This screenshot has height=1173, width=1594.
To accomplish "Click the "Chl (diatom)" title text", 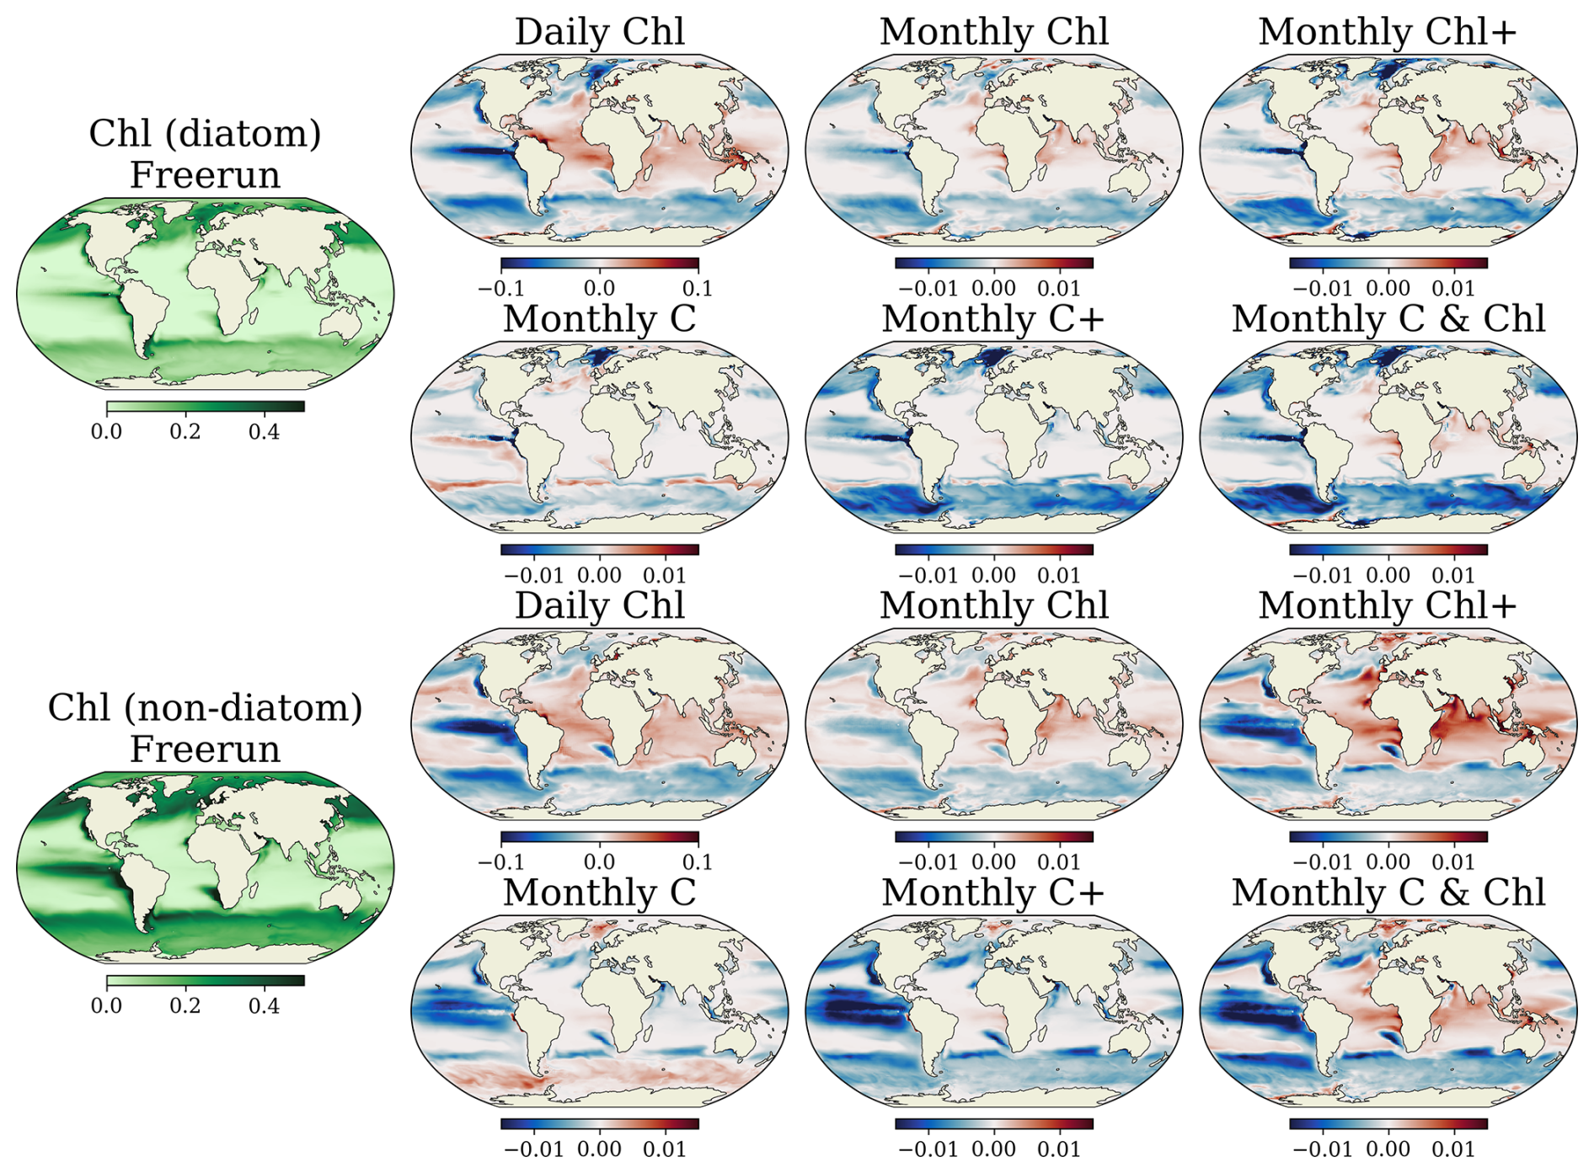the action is [x=205, y=134].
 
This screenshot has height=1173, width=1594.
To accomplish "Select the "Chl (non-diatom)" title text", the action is [x=205, y=708].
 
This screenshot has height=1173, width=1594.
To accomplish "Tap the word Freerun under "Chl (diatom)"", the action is [x=205, y=175].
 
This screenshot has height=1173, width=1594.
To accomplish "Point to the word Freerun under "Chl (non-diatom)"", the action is [x=205, y=749].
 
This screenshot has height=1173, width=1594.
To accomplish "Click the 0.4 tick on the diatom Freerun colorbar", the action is [x=264, y=432].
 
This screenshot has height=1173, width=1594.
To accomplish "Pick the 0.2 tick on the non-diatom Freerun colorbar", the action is [x=185, y=1006].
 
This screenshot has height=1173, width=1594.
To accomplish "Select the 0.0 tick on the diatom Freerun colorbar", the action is [x=106, y=432].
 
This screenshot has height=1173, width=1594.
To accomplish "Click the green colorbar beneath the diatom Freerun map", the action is [x=206, y=407].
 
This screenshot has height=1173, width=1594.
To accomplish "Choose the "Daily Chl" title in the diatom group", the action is [x=600, y=32].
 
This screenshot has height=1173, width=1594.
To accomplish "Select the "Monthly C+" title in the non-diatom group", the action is [x=993, y=893].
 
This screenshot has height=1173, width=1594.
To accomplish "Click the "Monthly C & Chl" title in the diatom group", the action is [x=1388, y=319].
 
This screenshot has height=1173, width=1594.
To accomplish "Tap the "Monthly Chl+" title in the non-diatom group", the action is [x=1388, y=605].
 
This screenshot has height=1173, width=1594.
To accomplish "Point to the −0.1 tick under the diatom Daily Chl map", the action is [x=500, y=289].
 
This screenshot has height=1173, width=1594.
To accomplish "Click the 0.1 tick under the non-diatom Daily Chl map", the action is [x=698, y=862].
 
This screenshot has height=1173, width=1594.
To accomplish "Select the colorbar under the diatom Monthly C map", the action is [x=600, y=550].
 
